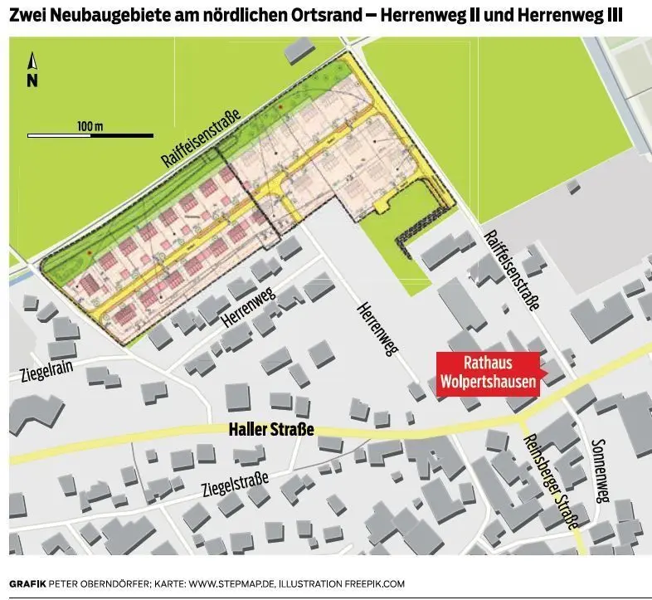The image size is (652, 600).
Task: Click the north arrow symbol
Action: tap(32, 61)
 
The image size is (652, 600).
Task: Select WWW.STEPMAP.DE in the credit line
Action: tap(229, 583)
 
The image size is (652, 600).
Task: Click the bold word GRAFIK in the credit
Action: tap(27, 583)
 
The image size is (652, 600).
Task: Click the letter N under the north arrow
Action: tap(32, 80)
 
